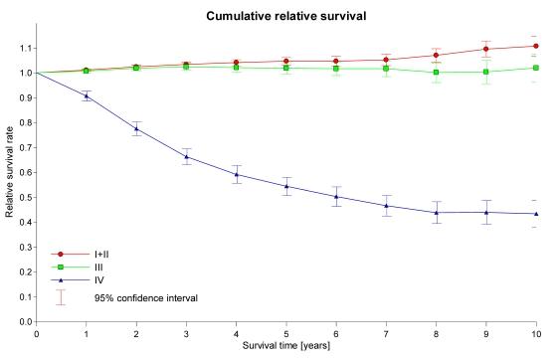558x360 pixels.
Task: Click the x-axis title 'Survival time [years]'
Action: (286, 347)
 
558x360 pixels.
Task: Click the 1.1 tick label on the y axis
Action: (24, 48)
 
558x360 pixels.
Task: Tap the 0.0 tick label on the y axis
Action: (24, 322)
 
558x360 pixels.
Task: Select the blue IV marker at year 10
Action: (536, 214)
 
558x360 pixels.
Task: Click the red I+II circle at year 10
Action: (536, 46)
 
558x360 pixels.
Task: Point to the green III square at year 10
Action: (536, 68)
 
